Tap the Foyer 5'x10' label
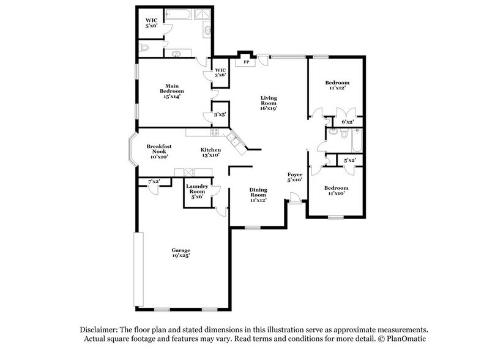pyautogui.click(x=296, y=178)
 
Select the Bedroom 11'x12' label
pyautogui.click(x=337, y=86)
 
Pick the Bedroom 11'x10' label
pyautogui.click(x=337, y=191)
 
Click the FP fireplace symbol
pyautogui.click(x=246, y=62)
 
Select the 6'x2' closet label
pyautogui.click(x=346, y=122)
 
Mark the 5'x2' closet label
pyautogui.click(x=349, y=160)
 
